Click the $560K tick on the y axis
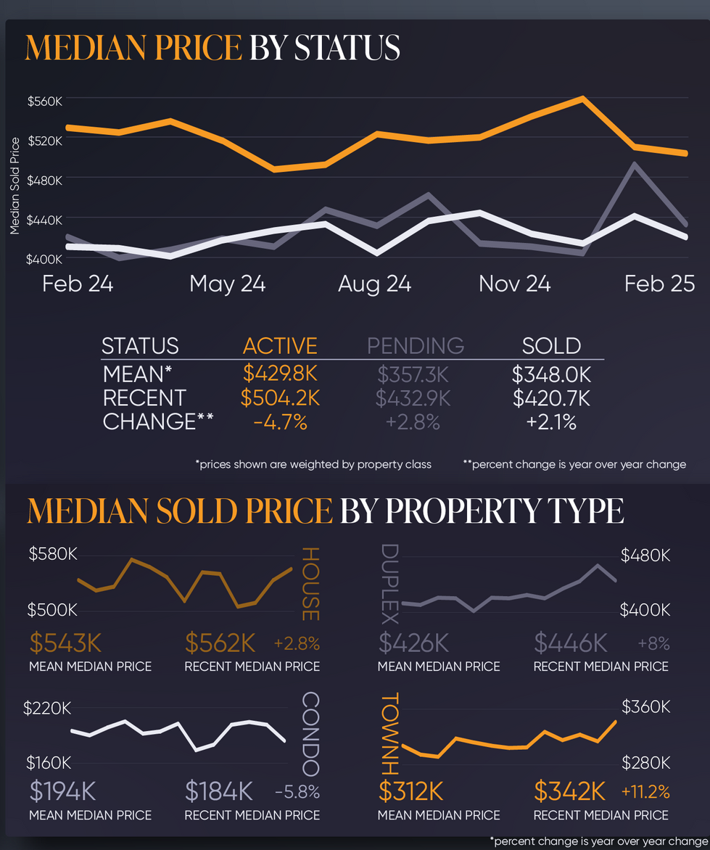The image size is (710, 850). (46, 101)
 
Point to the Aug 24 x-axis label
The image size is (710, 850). (374, 284)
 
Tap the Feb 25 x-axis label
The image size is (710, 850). (659, 284)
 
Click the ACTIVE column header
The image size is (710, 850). (280, 346)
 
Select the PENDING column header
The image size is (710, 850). (416, 346)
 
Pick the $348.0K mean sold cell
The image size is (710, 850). (551, 374)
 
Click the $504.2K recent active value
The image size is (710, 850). (280, 398)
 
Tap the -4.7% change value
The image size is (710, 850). (280, 422)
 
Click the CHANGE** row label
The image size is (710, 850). (159, 422)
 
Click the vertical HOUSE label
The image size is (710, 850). (310, 584)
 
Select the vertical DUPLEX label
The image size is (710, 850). (389, 584)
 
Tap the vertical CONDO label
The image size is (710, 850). (310, 734)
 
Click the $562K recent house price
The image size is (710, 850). (220, 643)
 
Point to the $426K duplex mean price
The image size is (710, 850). (414, 643)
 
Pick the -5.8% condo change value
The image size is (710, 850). (297, 792)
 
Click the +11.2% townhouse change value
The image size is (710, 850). (645, 791)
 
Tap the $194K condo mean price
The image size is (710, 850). (63, 791)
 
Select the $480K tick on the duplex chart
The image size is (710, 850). (645, 556)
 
